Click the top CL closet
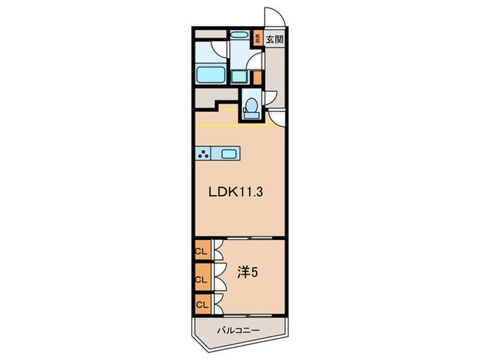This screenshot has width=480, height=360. (202, 251)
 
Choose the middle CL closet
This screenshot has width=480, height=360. (202, 279)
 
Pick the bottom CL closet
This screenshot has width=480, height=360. (202, 303)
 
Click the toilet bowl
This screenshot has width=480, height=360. (251, 107)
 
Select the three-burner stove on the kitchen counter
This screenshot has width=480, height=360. (204, 154)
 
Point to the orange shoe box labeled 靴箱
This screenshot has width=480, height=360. (258, 38)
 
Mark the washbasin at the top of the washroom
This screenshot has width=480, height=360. (239, 35)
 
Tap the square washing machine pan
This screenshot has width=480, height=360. (239, 75)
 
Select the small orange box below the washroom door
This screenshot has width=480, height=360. (257, 77)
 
